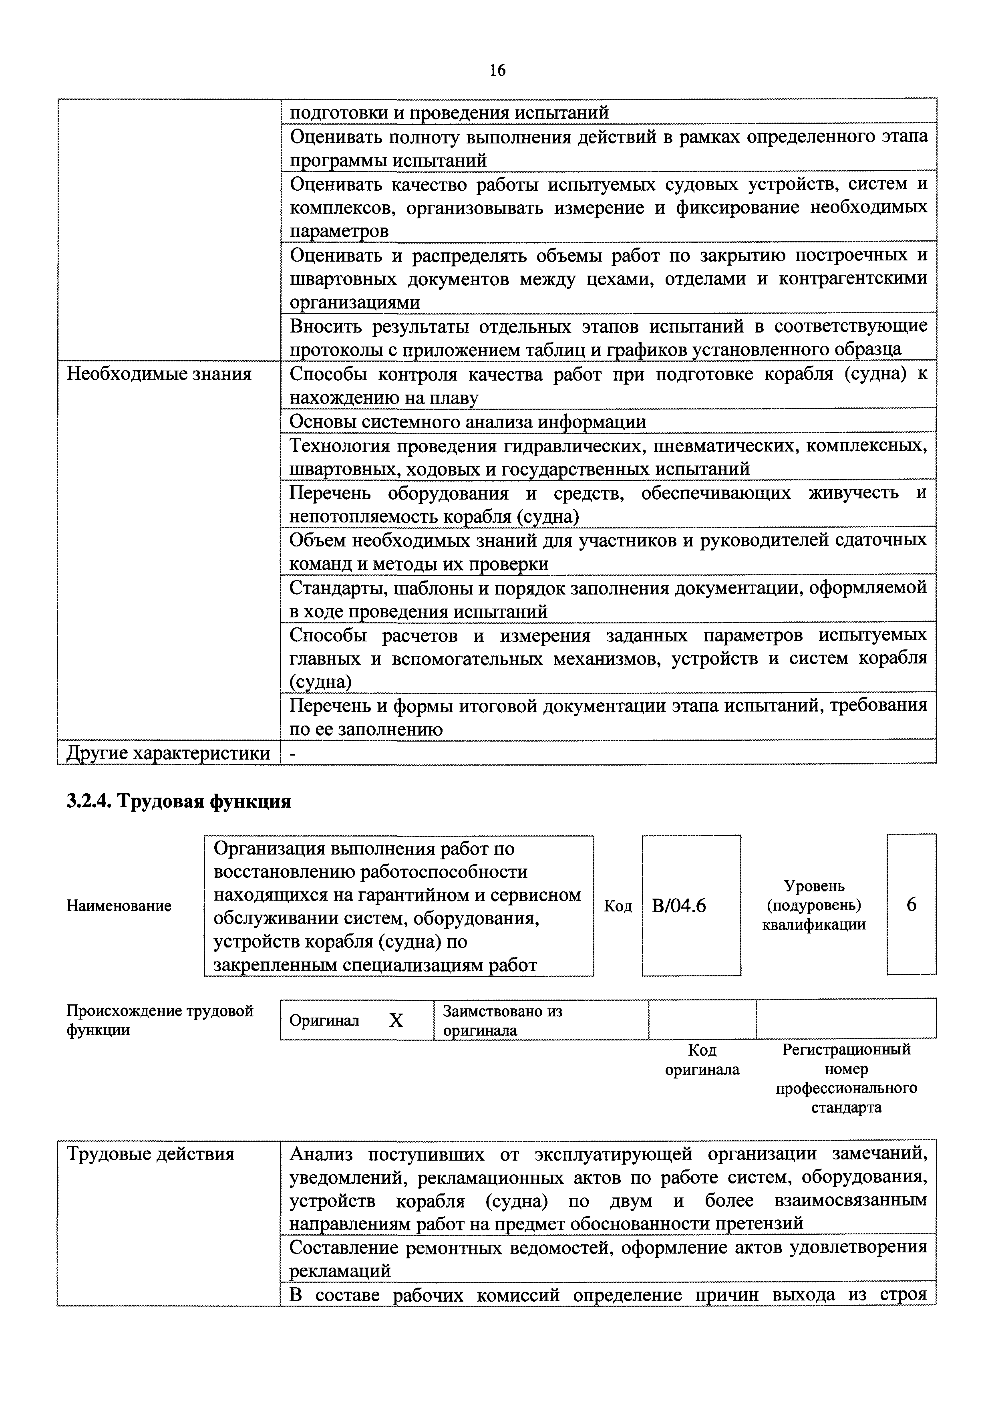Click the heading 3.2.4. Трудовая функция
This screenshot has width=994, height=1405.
tap(179, 801)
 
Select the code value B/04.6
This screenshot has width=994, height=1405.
tap(679, 905)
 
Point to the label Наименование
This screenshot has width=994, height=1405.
tap(119, 905)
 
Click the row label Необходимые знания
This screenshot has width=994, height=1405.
tap(159, 374)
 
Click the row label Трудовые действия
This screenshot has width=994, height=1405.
tap(151, 1154)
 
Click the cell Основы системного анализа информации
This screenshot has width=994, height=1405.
tap(468, 422)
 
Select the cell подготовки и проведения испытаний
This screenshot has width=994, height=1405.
tap(449, 113)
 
